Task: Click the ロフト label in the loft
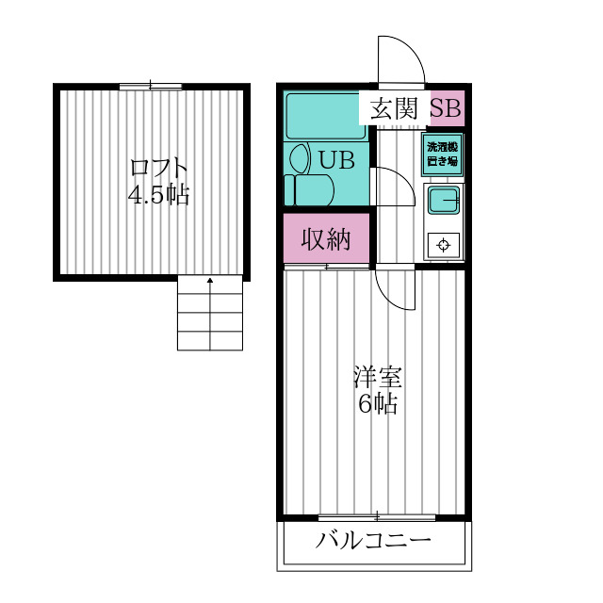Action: coord(159,168)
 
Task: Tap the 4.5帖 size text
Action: coord(158,195)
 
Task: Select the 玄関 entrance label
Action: coord(394,108)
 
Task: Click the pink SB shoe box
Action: coord(447,108)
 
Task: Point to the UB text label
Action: coord(337,160)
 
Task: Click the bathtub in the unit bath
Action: coord(326,116)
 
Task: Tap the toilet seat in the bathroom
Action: coord(309,190)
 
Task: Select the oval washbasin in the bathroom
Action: coord(300,157)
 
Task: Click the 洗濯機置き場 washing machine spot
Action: coord(442,155)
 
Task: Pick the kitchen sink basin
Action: coord(444,200)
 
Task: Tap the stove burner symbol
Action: coord(444,245)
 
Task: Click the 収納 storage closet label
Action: coord(326,239)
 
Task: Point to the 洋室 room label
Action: coord(378,377)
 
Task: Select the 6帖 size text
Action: coord(378,403)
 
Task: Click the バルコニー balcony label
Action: coord(373,541)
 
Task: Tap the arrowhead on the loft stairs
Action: coord(210,281)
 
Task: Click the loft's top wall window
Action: coord(151,87)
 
